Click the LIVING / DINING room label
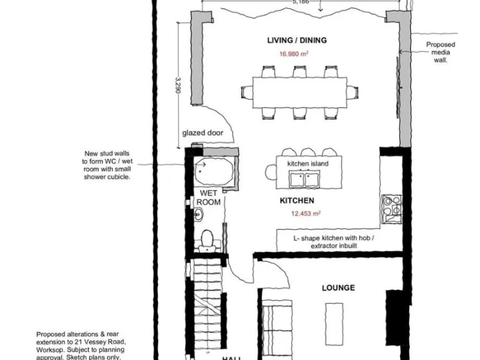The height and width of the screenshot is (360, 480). point(297,41)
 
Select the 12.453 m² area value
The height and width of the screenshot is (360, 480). point(306,213)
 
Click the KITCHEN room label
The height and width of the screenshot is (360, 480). point(296,201)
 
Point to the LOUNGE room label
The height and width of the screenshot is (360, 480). point(338,288)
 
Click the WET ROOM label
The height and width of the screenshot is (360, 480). point(209,198)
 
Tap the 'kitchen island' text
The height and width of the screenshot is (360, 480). point(307,164)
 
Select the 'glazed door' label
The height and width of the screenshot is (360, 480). point(202,133)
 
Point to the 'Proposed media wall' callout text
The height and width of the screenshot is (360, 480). point(441,53)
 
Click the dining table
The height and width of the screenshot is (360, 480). point(299,92)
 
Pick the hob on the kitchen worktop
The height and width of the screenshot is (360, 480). point(392,206)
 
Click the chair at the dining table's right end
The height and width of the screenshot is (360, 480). point(354,92)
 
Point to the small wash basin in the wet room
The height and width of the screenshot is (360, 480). point(197,215)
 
